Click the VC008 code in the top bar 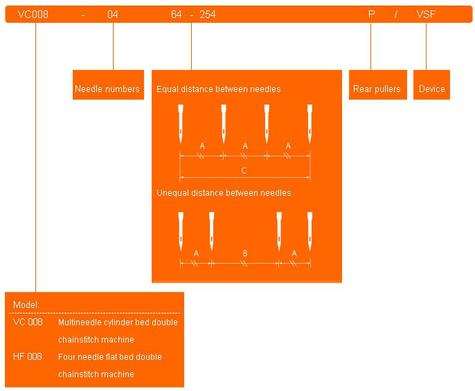click(33, 14)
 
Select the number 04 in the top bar click(113, 14)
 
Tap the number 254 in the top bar click(207, 14)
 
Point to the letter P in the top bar click(371, 14)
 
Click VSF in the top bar click(426, 14)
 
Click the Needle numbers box click(107, 89)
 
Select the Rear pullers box click(377, 89)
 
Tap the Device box click(431, 89)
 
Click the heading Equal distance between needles click(218, 89)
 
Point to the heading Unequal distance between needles click(224, 192)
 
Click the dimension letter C click(244, 170)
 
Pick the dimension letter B click(244, 253)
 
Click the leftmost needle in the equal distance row click(180, 123)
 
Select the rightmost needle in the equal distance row click(310, 123)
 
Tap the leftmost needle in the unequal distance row click(180, 231)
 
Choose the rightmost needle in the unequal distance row click(310, 231)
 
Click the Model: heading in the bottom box click(26, 304)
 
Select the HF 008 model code click(28, 356)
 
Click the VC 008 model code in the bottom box click(28, 322)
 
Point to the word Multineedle click(80, 322)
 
